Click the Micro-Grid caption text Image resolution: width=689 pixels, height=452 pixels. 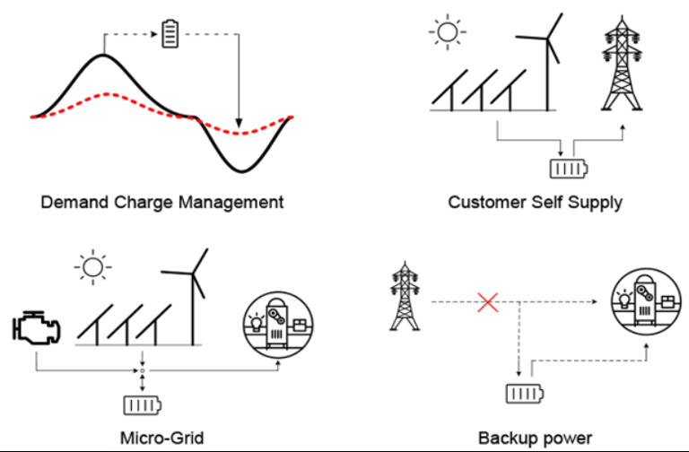point(161,439)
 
